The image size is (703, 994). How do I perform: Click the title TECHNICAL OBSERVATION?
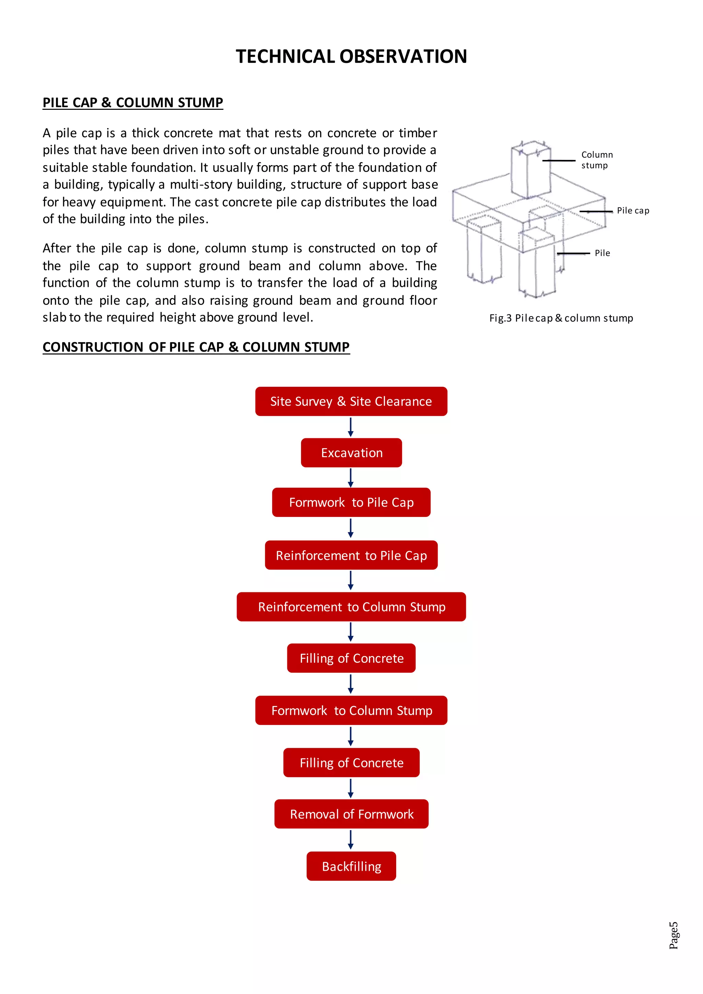click(351, 56)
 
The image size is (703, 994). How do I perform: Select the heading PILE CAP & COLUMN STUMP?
click(132, 103)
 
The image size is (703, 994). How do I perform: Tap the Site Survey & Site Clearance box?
click(351, 401)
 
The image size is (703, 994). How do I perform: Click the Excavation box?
click(351, 453)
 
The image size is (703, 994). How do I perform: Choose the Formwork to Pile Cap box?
click(351, 502)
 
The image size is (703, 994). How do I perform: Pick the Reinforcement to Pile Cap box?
click(351, 555)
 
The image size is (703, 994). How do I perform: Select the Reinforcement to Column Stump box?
click(351, 606)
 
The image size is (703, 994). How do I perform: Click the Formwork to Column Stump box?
click(351, 710)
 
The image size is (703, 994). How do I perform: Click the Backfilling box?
click(351, 866)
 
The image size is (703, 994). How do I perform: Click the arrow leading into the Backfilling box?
click(350, 840)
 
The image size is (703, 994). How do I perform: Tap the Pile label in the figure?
click(602, 253)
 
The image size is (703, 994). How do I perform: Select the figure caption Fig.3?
click(561, 318)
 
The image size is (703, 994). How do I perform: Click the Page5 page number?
click(673, 935)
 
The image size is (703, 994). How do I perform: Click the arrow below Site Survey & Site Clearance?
click(350, 427)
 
